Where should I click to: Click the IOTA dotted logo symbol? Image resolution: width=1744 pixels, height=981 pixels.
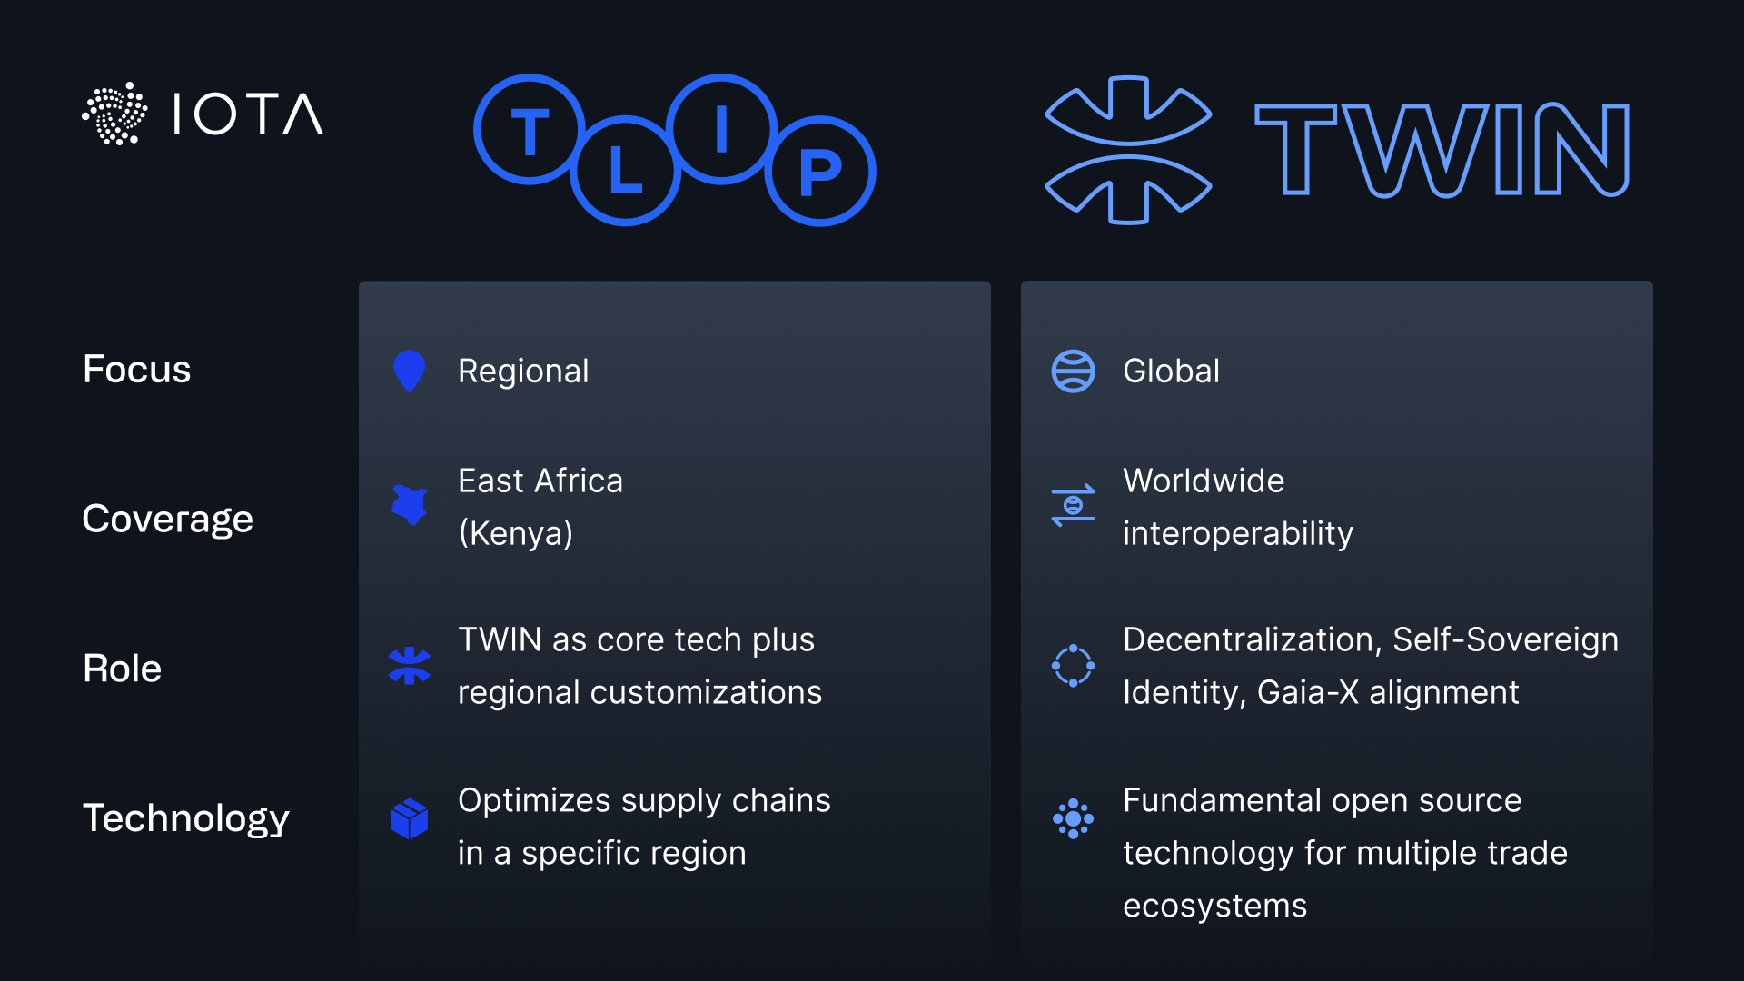point(114,114)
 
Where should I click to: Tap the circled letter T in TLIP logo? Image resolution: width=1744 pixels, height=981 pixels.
point(530,130)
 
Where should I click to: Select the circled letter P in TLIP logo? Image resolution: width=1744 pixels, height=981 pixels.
point(820,171)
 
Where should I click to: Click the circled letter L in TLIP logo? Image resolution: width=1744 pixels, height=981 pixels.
point(625,171)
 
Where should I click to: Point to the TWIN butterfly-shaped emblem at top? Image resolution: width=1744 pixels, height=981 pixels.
point(1128,150)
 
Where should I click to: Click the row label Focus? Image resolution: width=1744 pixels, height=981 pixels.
point(137,370)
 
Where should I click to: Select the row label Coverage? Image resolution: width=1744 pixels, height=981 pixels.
point(168,520)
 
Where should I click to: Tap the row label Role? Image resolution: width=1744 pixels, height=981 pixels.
point(123,669)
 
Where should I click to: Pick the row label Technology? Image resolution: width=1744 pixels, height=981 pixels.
point(186,818)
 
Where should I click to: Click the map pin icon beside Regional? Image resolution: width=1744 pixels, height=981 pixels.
point(409,371)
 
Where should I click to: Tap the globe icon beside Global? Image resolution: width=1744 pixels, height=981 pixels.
point(1073,371)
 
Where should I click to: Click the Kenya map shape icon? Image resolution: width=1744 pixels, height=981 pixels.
point(410,505)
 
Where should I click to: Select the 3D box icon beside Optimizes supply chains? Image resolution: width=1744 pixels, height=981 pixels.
point(409,818)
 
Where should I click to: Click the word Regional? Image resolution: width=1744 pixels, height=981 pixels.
point(523,372)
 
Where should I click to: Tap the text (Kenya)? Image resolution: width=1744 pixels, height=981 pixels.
point(516,533)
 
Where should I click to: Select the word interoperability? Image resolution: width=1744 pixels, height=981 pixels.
point(1238,533)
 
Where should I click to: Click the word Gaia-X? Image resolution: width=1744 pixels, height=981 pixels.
point(1308,692)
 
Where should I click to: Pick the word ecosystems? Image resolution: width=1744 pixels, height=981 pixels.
point(1215,906)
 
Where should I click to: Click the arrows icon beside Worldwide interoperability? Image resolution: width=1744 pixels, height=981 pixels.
point(1073,506)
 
